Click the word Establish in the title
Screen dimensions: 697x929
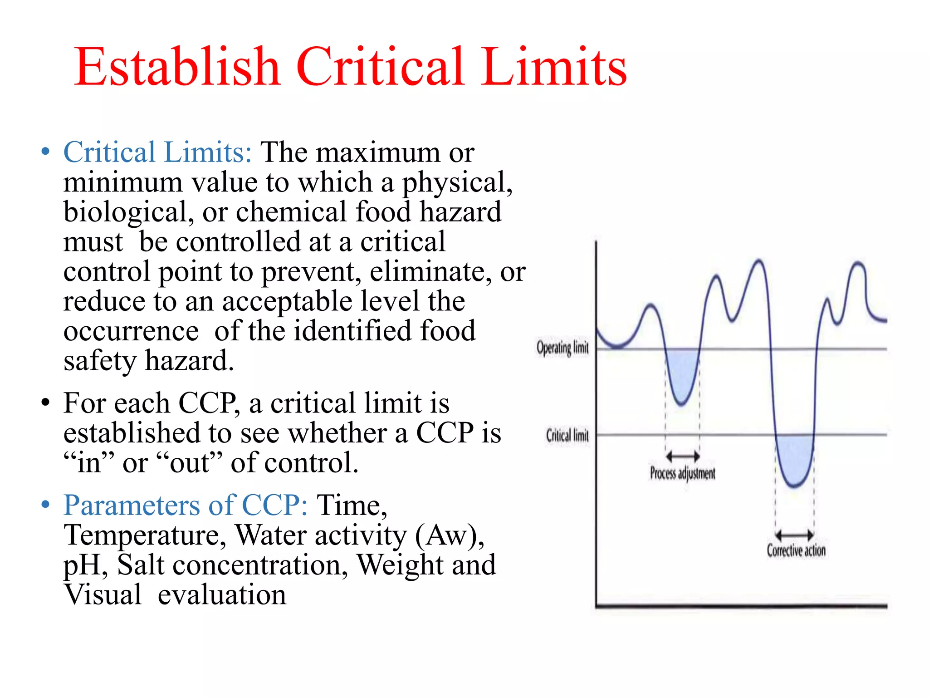click(x=177, y=67)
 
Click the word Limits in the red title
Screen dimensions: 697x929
click(x=554, y=67)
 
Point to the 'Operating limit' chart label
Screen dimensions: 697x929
click(x=562, y=348)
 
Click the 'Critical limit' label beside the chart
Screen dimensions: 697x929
click(x=567, y=435)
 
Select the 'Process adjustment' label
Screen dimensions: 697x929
click(x=683, y=473)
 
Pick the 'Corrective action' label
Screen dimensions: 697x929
click(x=796, y=550)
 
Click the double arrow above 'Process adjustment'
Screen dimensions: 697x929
click(x=683, y=456)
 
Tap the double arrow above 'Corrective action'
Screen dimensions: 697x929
click(x=795, y=535)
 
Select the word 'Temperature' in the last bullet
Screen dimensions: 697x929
click(x=145, y=535)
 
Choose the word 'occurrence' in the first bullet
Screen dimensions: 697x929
click(x=131, y=331)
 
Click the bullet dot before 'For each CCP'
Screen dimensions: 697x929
click(x=45, y=403)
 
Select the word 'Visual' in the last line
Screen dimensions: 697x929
click(x=103, y=594)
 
